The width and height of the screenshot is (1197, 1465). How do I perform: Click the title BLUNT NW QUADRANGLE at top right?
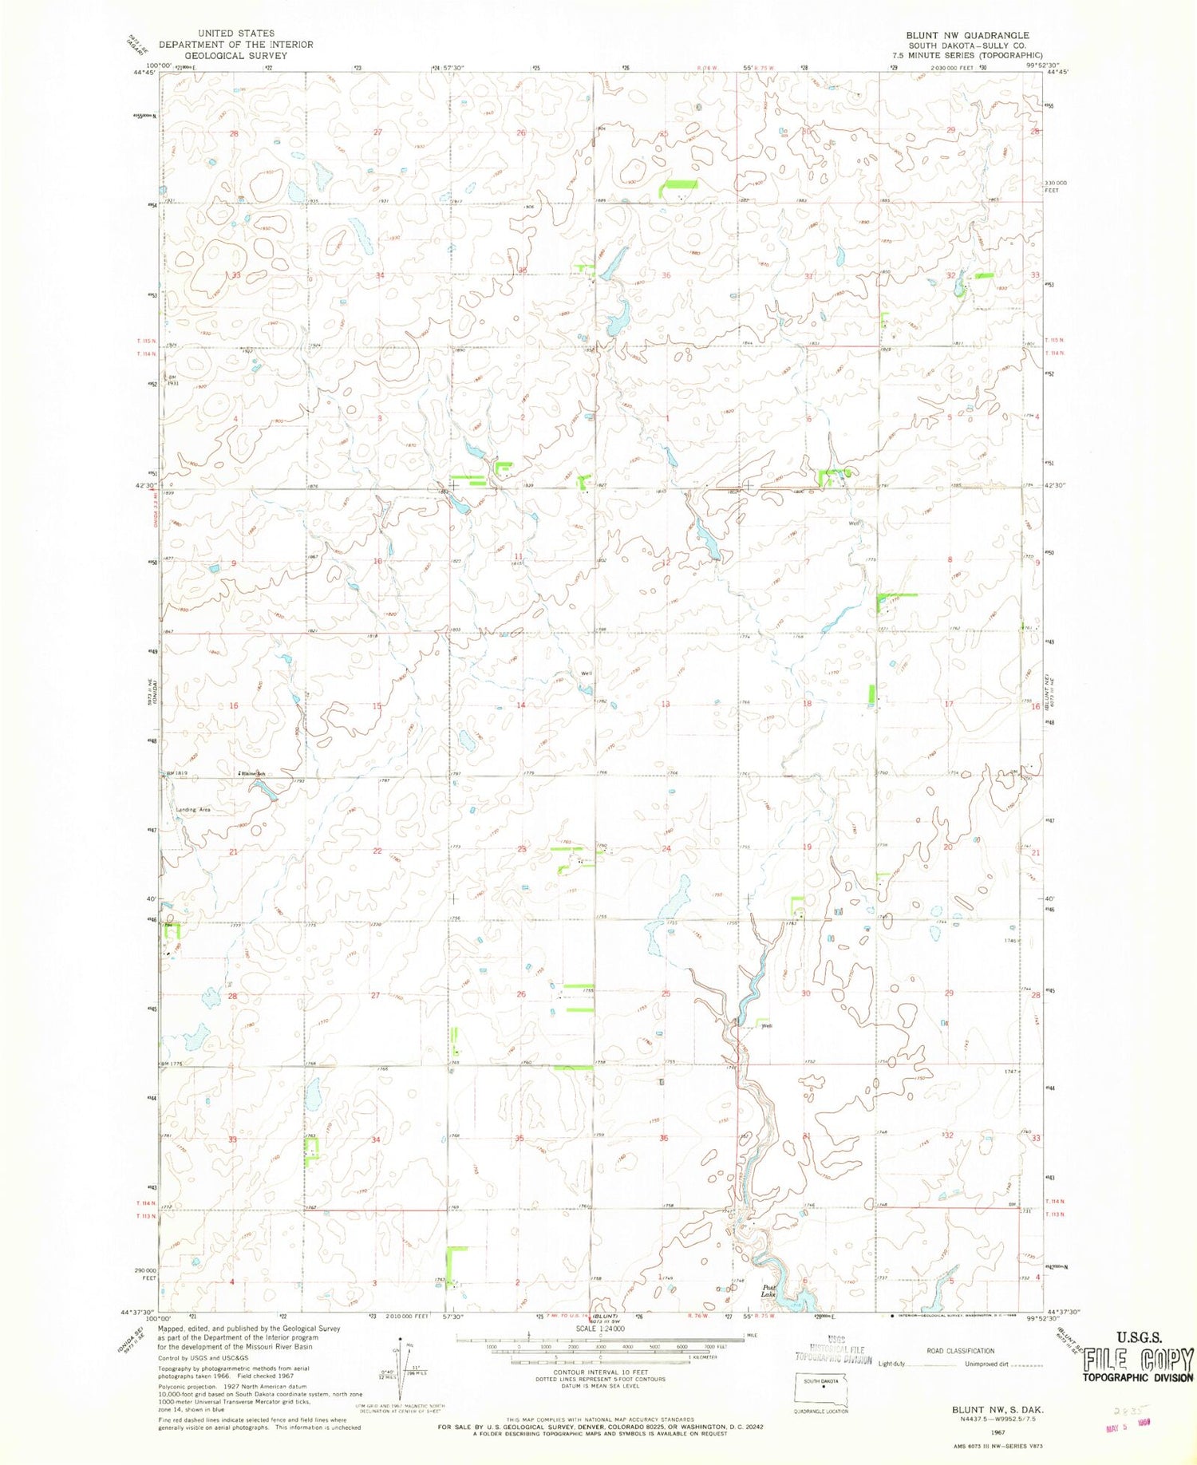tap(966, 35)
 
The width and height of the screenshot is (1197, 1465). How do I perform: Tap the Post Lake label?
tap(768, 1290)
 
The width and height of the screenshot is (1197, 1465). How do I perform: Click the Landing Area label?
tap(193, 809)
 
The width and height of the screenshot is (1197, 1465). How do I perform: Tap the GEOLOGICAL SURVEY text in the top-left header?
tap(236, 56)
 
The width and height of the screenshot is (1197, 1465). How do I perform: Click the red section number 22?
tap(377, 851)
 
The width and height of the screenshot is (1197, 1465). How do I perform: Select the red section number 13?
tap(665, 704)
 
